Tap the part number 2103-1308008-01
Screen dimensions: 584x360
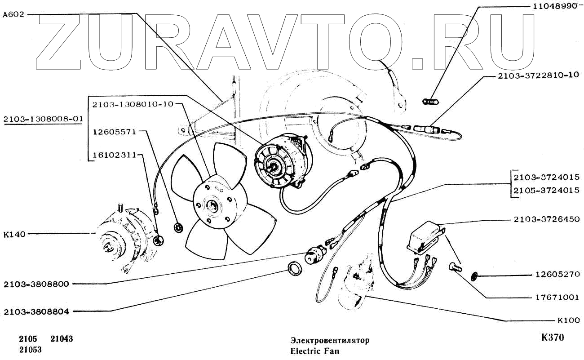click(x=43, y=119)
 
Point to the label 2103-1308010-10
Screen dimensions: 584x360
click(x=133, y=104)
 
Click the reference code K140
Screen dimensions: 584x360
click(x=13, y=234)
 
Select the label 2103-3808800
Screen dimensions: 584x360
click(x=36, y=284)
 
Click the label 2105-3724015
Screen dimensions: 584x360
click(x=547, y=190)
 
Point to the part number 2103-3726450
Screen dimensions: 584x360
click(x=547, y=219)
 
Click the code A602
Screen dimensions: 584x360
click(x=13, y=14)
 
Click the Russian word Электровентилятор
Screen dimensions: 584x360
click(x=330, y=340)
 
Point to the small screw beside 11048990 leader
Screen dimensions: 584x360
click(x=430, y=102)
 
